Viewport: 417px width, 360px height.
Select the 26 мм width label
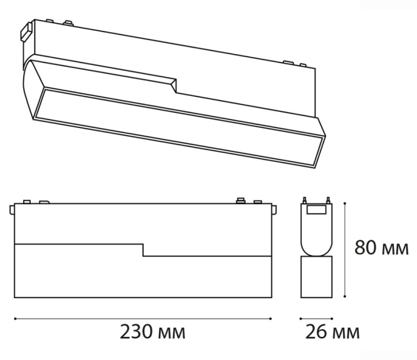pyautogui.click(x=332, y=332)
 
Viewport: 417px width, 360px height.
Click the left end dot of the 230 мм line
pyautogui.click(x=14, y=319)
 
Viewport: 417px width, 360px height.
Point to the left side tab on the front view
pyautogui.click(x=13, y=209)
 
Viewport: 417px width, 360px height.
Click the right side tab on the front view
pyautogui.click(x=273, y=209)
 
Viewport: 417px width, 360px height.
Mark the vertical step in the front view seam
pyautogui.click(x=143, y=250)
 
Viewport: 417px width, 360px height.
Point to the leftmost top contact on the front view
pyautogui.click(x=25, y=202)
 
